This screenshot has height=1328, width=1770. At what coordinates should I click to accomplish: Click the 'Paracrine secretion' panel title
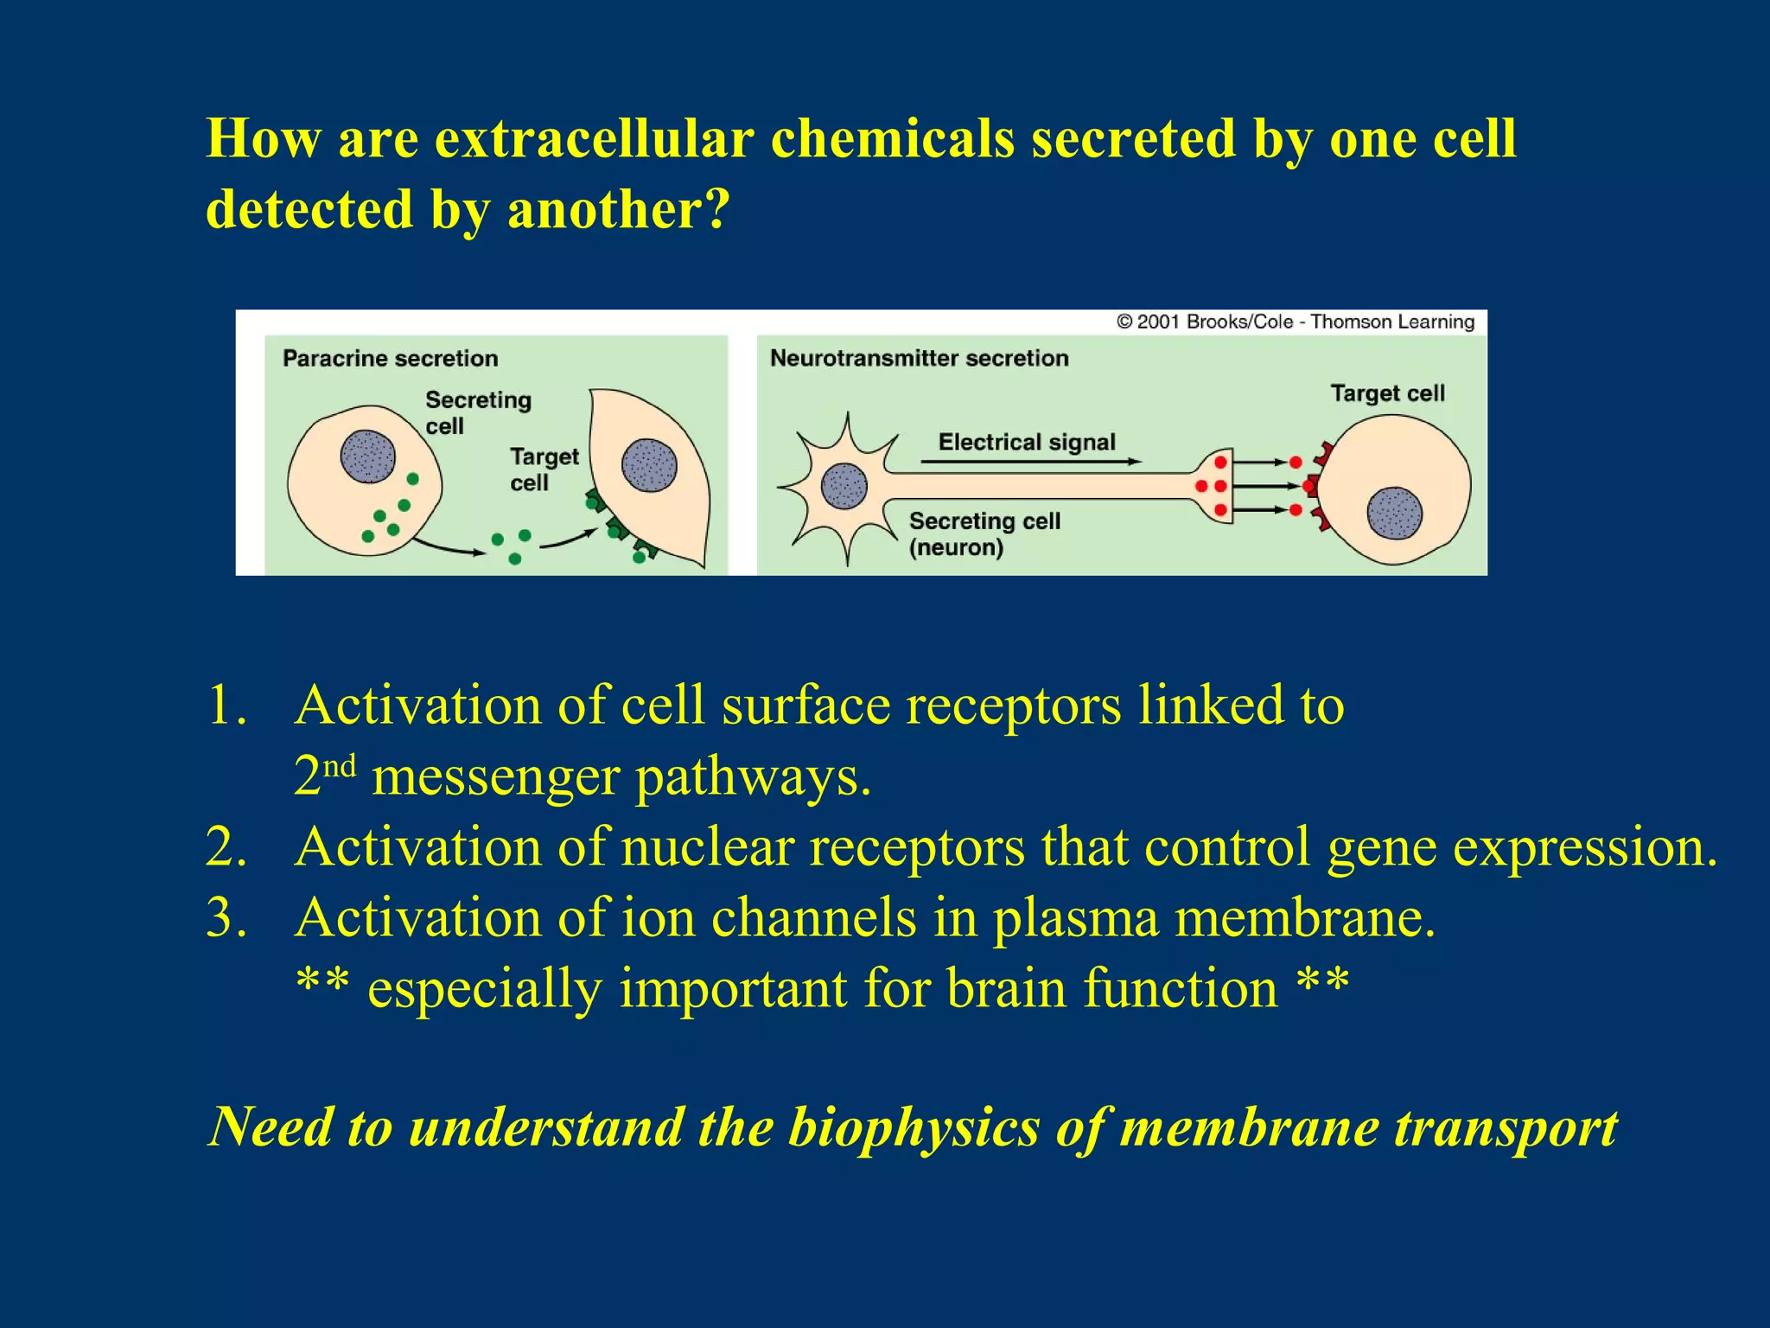pyautogui.click(x=390, y=358)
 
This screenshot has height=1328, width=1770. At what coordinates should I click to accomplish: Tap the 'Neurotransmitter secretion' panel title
pyautogui.click(x=919, y=358)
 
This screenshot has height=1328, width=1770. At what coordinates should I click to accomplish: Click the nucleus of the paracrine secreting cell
pyautogui.click(x=367, y=456)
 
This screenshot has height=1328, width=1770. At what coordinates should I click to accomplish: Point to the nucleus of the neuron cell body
pyautogui.click(x=844, y=486)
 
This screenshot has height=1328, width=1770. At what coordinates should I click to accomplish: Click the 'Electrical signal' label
pyautogui.click(x=1027, y=442)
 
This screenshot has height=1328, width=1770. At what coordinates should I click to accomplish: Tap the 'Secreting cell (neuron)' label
pyautogui.click(x=984, y=533)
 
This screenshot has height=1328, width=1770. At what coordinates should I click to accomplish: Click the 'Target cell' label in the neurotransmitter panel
pyautogui.click(x=1387, y=393)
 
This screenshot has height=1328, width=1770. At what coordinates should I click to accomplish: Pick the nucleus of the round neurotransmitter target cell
pyautogui.click(x=1394, y=513)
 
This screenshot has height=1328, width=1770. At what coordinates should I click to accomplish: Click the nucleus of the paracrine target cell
pyautogui.click(x=649, y=465)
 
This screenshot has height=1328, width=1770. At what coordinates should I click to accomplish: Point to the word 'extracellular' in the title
pyautogui.click(x=594, y=138)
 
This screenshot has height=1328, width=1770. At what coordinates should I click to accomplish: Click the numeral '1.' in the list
pyautogui.click(x=226, y=705)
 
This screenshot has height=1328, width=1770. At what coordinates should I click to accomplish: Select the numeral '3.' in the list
pyautogui.click(x=226, y=917)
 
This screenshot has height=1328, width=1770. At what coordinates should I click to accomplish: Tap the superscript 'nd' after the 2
pyautogui.click(x=340, y=765)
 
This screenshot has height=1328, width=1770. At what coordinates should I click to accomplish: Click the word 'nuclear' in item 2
pyautogui.click(x=707, y=846)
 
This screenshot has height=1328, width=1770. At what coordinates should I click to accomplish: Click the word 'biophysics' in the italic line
pyautogui.click(x=914, y=1127)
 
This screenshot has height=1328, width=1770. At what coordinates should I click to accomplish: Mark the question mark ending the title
pyautogui.click(x=716, y=209)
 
